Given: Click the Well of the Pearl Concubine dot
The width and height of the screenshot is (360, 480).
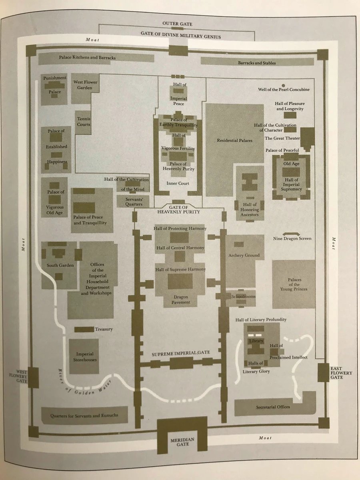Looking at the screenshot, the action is click(283, 86).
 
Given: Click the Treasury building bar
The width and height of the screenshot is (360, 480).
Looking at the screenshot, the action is click(84, 329).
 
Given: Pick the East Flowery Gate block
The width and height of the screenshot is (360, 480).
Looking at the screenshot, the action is click(323, 373).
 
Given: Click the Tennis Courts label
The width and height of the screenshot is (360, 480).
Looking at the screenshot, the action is click(84, 122).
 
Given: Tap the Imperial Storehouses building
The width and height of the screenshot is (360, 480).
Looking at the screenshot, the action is click(84, 356).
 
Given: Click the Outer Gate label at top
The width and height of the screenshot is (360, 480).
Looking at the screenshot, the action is click(178, 24).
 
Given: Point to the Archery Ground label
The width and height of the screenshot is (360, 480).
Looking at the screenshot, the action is click(244, 255).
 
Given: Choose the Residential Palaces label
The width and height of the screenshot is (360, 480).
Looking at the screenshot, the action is click(234, 140).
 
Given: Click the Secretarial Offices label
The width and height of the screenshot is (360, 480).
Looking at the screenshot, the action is click(273, 407).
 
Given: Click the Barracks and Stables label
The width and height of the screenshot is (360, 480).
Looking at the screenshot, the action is click(257, 63).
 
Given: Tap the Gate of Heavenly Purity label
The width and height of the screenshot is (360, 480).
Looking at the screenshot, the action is click(178, 209).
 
